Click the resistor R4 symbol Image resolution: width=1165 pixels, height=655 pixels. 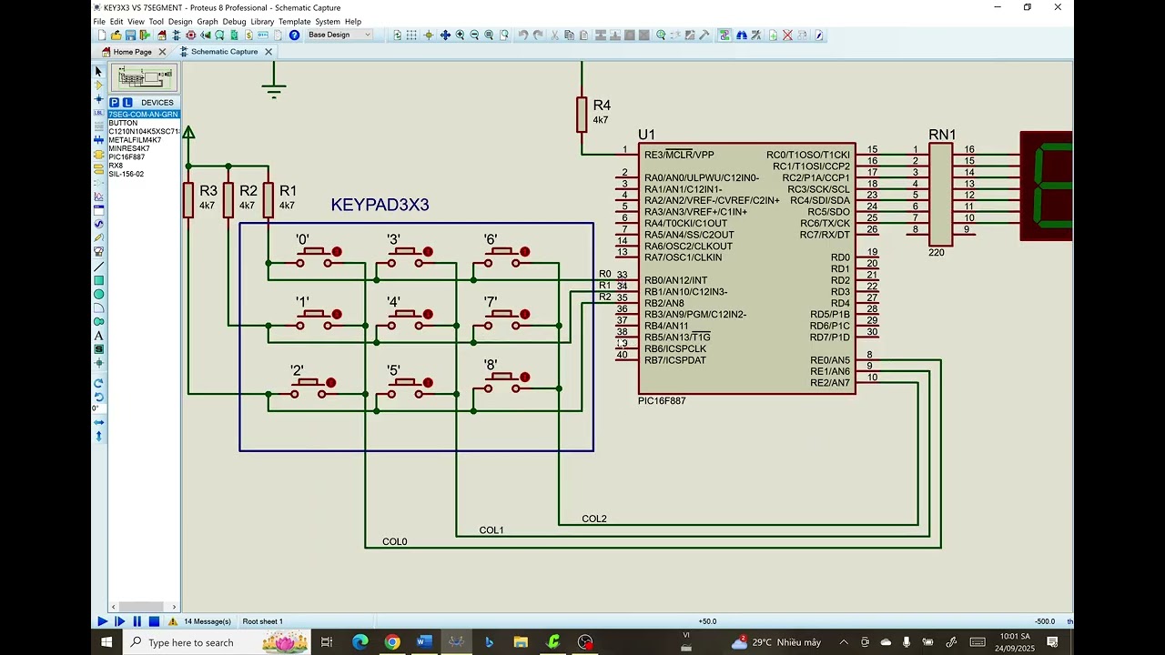click(582, 115)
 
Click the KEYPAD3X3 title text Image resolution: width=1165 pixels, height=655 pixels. click(380, 206)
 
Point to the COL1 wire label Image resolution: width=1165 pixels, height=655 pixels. click(491, 530)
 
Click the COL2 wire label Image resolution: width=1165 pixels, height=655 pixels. click(594, 519)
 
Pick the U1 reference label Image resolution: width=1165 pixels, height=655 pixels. click(646, 136)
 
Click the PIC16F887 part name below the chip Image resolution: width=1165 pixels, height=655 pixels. click(662, 401)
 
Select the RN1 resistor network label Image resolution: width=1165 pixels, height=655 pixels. click(942, 135)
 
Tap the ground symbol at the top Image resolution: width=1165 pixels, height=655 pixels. click(274, 90)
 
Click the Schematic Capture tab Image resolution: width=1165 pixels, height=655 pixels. click(224, 52)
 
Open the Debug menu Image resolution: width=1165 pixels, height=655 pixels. click(234, 22)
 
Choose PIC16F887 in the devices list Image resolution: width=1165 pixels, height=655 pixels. click(127, 156)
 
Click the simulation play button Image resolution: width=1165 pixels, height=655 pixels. click(103, 621)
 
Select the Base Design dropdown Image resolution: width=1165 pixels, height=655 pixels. click(339, 35)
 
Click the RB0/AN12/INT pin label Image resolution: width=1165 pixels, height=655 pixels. click(675, 280)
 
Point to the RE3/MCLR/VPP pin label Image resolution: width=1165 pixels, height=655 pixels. click(679, 155)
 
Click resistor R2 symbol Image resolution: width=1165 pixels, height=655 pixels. click(228, 200)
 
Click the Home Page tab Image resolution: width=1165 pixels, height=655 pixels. click(133, 52)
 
